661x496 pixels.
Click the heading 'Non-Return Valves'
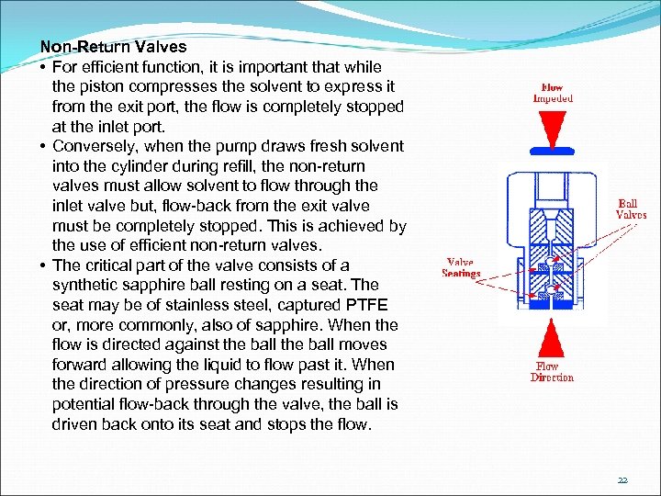pos(113,46)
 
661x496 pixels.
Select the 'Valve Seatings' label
pos(461,267)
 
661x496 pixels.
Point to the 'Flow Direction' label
pos(552,372)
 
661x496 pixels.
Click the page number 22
pos(622,479)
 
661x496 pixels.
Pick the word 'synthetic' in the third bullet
pos(85,285)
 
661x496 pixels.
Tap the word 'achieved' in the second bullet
pos(353,226)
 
